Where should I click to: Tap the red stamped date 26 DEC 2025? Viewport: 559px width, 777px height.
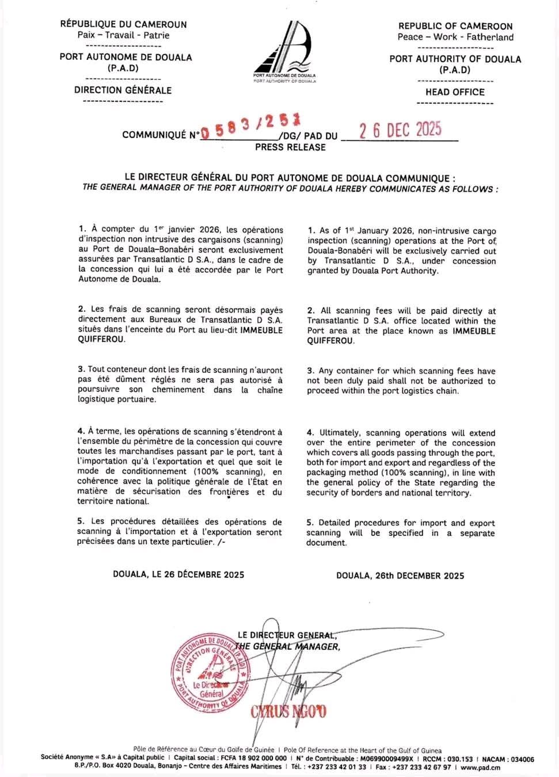[x=401, y=130]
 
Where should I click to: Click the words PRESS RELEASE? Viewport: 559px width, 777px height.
[x=290, y=147]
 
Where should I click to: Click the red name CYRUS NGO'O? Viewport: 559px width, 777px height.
[x=288, y=712]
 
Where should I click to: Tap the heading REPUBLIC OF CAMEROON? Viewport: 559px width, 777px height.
[x=455, y=26]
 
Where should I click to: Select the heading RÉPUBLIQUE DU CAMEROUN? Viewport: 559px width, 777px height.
[x=123, y=24]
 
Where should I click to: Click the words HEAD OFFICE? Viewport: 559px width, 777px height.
[x=455, y=92]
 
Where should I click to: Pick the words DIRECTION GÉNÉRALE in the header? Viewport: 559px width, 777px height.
[x=123, y=90]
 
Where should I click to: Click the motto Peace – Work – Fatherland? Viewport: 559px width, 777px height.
[x=455, y=37]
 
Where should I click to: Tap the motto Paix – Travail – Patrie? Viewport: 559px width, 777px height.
[x=123, y=35]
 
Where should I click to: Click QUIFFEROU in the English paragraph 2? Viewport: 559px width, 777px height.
[x=330, y=341]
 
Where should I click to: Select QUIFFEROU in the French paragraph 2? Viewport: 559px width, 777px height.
[x=101, y=340]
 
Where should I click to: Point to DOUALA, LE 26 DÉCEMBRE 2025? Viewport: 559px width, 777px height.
[x=178, y=574]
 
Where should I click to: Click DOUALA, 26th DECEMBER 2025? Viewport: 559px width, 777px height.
[x=400, y=576]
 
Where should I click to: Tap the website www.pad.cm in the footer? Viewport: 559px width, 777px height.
[x=480, y=767]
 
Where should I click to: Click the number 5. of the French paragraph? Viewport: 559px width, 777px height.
[x=81, y=522]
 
